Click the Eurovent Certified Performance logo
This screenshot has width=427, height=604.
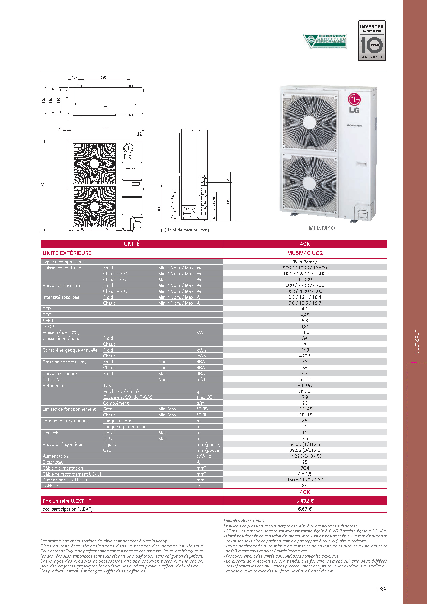click(325, 41)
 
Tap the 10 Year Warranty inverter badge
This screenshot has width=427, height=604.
click(372, 41)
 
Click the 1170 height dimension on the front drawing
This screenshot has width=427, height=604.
click(43, 186)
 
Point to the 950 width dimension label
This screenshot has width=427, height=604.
click(106, 128)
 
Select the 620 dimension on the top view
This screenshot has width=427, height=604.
click(103, 77)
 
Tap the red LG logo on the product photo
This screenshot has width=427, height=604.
click(354, 100)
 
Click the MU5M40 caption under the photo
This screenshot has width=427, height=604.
click(321, 228)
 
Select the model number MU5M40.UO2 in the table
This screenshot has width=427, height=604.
click(305, 253)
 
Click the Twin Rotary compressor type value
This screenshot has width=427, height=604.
click(305, 262)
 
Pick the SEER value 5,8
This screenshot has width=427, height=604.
click(305, 321)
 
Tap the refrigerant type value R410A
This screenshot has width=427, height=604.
click(305, 385)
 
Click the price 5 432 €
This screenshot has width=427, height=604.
click(305, 501)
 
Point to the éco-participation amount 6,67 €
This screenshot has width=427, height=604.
click(305, 509)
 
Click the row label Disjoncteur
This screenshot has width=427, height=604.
click(54, 462)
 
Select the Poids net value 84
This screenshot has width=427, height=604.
click(305, 486)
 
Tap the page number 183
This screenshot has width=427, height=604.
click(381, 590)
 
